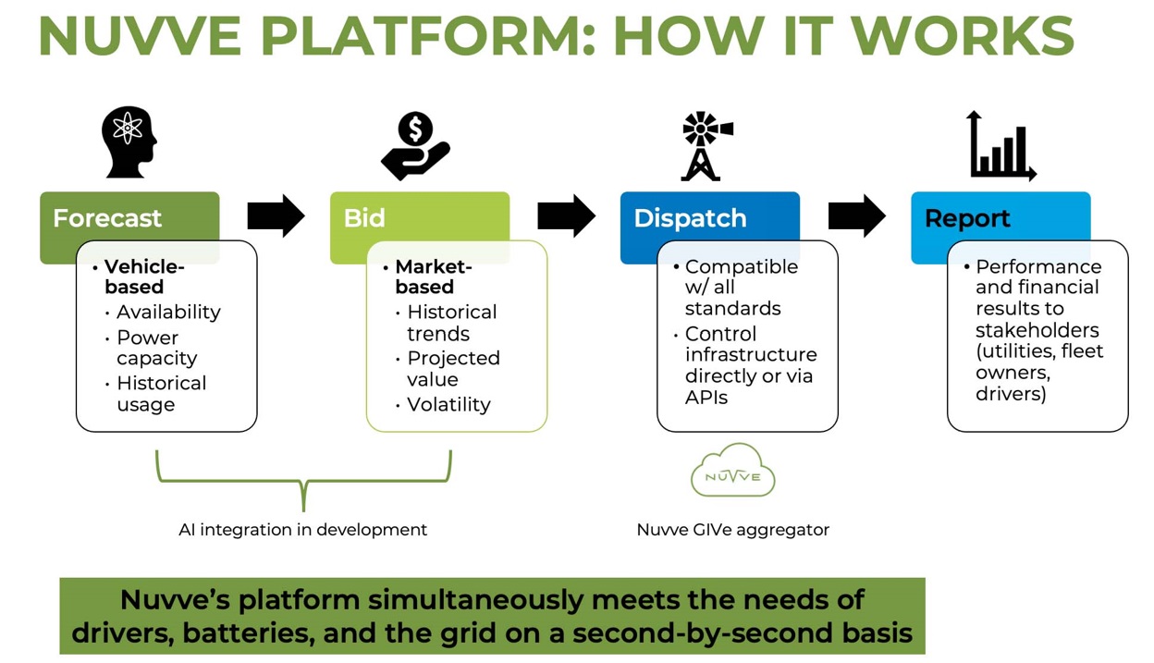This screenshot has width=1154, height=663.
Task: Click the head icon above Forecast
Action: click(x=129, y=142)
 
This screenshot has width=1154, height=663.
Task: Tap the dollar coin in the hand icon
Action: click(x=415, y=129)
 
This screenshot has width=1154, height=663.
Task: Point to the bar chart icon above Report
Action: click(x=1001, y=146)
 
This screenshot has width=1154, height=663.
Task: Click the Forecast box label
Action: click(x=107, y=218)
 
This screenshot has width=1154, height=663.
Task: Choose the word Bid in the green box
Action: click(x=364, y=218)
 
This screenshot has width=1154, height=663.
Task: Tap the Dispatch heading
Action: click(x=691, y=218)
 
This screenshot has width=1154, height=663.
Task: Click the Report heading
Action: click(x=967, y=218)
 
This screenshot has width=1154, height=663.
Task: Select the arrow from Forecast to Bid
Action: click(x=276, y=215)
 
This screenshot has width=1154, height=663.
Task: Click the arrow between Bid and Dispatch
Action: click(x=566, y=215)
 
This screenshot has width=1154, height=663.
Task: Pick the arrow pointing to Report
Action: click(x=857, y=215)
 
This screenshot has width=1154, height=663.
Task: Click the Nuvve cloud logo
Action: click(x=732, y=470)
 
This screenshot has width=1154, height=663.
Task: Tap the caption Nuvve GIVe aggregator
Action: click(x=732, y=530)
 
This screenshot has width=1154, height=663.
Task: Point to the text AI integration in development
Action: click(x=303, y=530)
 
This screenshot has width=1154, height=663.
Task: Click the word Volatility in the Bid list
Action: click(x=448, y=405)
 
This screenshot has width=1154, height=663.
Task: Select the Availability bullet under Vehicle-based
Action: click(x=168, y=313)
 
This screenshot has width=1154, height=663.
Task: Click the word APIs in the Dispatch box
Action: click(x=706, y=398)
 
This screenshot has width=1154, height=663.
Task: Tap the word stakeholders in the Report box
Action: click(x=1037, y=330)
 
